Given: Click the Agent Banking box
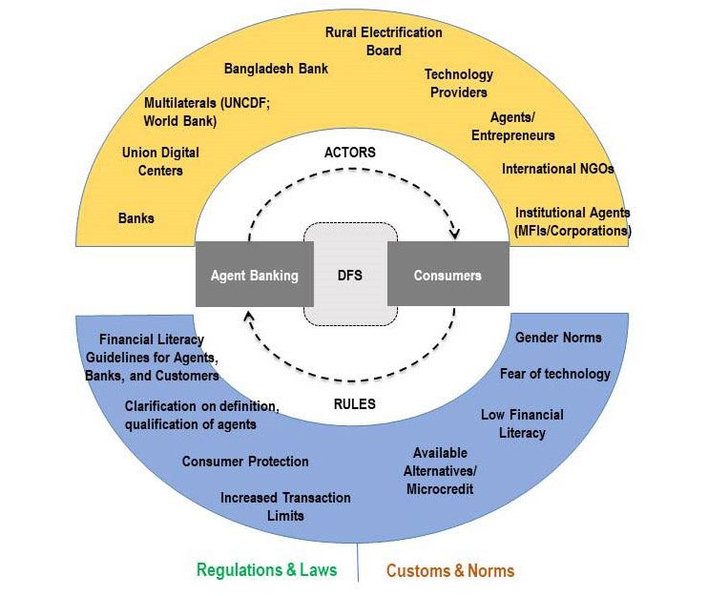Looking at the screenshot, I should coord(254,276).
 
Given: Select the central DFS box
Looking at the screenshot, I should coord(350,276).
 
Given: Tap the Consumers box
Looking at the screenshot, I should coord(448,276).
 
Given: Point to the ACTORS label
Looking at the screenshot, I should coord(350,153).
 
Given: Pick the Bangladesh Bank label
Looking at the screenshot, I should coord(276,69).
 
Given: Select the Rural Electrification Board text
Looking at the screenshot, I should coord(384,41).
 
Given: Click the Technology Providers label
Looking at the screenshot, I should coord(458,83).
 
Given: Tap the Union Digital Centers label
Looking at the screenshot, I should coord(160,161).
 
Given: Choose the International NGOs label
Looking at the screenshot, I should coord(558,169).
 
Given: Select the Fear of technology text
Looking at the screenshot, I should coord(554,374).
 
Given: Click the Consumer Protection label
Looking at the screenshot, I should coord(245,462).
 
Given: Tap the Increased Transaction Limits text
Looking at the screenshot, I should coord(285,506).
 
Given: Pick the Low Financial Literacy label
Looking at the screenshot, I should coord(522,423).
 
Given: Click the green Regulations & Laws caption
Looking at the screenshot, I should coord(266,570).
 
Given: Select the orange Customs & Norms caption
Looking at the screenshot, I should coord(449,570).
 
